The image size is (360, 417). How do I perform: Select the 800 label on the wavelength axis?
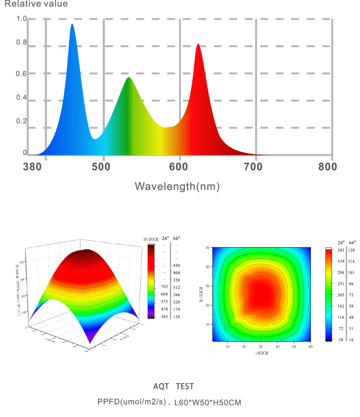point(328,167)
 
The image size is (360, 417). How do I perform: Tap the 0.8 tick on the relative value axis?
point(21,42)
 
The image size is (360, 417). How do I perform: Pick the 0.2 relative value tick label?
point(21,121)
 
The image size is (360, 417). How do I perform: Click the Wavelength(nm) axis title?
point(177,187)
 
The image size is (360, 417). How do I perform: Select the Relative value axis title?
point(36,4)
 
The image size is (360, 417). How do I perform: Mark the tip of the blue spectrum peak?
point(72,24)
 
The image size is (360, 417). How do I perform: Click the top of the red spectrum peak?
point(198,44)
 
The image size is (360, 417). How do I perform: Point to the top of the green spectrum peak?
point(129,77)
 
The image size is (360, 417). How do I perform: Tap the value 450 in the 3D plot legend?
point(177,266)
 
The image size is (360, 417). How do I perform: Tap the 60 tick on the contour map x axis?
point(310,347)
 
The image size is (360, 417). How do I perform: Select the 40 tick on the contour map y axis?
point(207,267)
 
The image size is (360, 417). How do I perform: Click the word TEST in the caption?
point(185,386)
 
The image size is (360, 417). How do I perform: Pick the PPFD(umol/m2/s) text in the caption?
point(132,402)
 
